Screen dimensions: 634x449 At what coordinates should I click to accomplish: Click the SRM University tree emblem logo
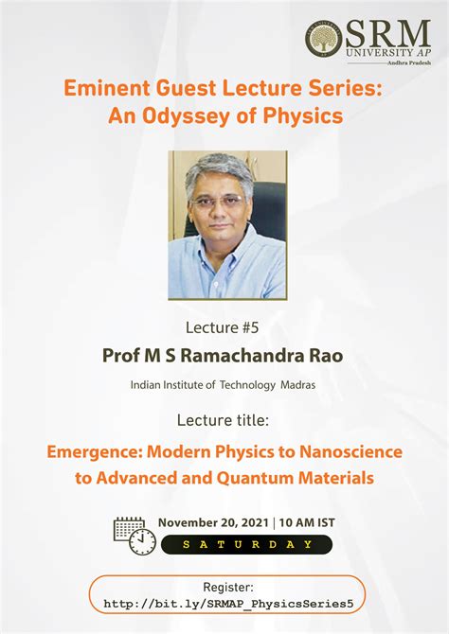click(324, 39)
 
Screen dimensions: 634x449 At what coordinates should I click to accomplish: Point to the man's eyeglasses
click(219, 201)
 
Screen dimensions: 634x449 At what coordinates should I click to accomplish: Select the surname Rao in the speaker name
click(324, 356)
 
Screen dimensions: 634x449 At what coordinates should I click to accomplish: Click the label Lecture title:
click(224, 419)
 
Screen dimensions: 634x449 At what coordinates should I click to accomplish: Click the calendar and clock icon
click(135, 534)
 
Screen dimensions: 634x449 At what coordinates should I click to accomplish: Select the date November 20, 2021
click(214, 522)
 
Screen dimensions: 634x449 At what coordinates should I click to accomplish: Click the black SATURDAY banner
click(245, 544)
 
